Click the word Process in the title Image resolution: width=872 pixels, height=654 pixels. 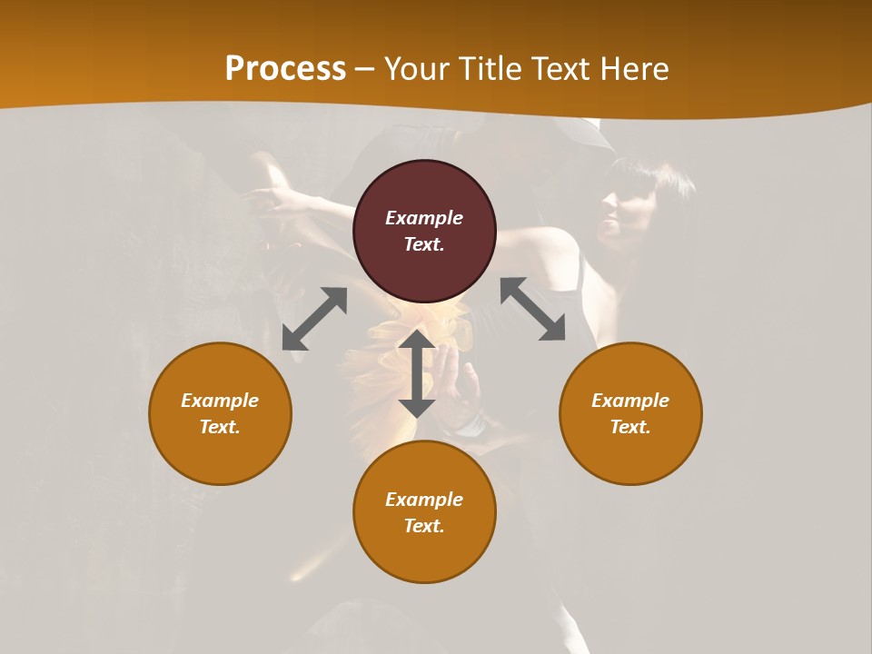tap(285, 69)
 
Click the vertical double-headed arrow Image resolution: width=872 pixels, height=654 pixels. tap(417, 373)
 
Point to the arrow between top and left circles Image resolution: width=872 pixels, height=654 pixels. tap(314, 319)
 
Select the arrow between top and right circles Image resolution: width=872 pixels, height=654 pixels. tap(532, 309)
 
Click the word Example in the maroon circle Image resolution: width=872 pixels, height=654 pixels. tap(424, 218)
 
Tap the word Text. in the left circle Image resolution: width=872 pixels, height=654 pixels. tap(220, 427)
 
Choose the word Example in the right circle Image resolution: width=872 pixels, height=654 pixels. tap(630, 401)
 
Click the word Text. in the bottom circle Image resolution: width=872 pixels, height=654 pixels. tap(424, 526)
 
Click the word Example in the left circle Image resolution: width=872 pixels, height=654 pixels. tap(220, 401)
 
